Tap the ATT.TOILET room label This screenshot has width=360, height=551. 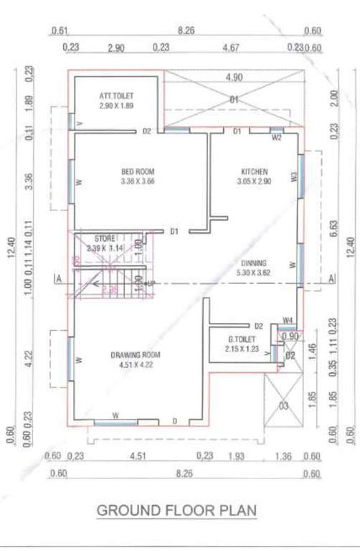point(116,96)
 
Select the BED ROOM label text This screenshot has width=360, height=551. point(138,171)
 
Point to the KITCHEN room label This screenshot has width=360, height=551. point(255,171)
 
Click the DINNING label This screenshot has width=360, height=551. point(254,263)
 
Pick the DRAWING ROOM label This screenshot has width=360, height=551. point(136,354)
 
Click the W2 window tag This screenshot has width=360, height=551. point(276,138)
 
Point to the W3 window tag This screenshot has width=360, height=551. point(294,176)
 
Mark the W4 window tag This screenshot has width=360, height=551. point(287,319)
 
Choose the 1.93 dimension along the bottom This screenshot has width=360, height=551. point(236,455)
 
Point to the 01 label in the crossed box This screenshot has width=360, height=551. point(233,100)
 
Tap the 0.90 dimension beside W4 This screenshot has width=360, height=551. point(290,336)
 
